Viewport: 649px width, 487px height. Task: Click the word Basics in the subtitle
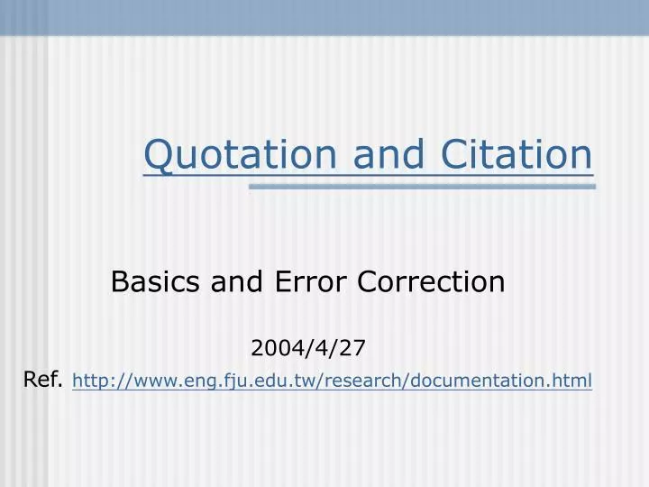(156, 282)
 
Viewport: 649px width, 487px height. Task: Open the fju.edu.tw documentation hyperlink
(332, 381)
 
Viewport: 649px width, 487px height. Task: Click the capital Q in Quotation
(159, 154)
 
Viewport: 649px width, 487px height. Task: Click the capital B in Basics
(120, 282)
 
